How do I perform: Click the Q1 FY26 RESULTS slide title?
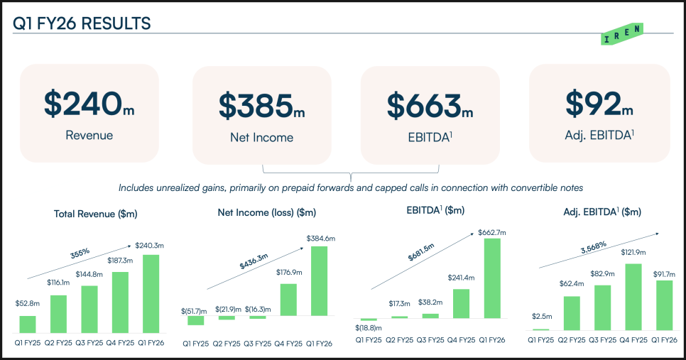(82, 23)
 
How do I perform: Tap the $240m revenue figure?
(89, 104)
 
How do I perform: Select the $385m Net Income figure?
(261, 106)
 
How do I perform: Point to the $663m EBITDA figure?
(430, 106)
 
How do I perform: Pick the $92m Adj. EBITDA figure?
(599, 104)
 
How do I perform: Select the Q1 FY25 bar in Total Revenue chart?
(28, 324)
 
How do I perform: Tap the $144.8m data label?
(89, 275)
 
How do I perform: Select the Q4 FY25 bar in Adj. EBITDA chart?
(633, 297)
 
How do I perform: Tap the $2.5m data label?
(541, 317)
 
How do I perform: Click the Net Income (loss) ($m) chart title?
(266, 212)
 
